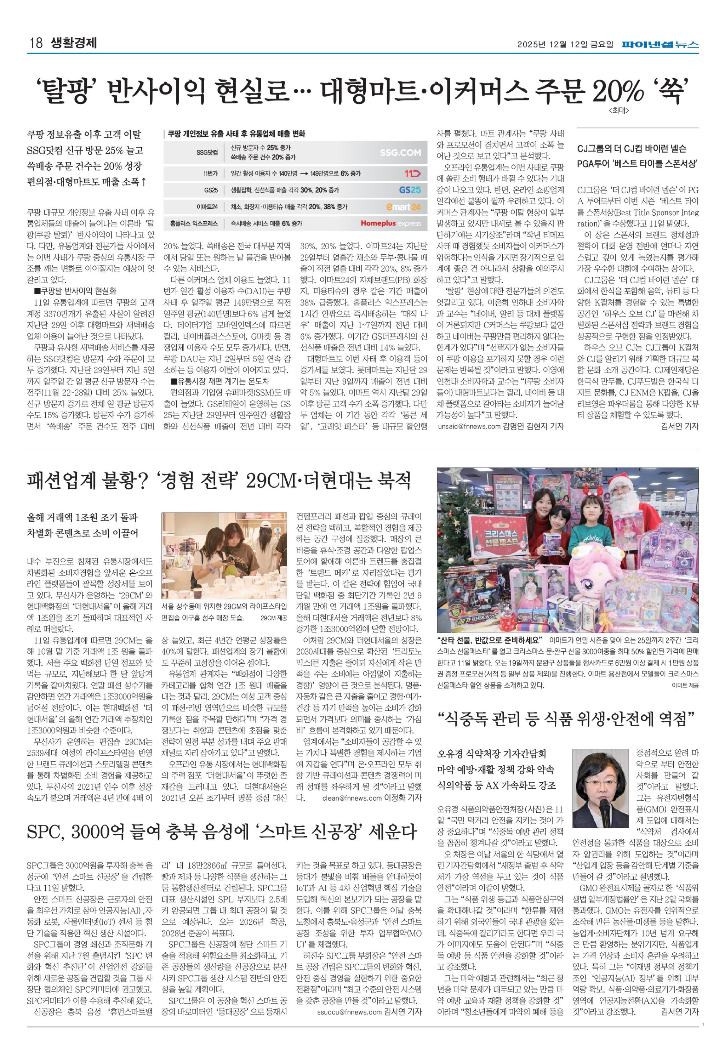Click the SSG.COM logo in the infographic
(400, 153)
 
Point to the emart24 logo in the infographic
(403, 207)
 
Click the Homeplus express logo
(391, 223)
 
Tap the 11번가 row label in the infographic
(210, 174)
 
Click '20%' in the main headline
(618, 91)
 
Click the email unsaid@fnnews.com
(469, 427)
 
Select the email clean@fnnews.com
(352, 798)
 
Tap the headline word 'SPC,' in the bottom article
(46, 832)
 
